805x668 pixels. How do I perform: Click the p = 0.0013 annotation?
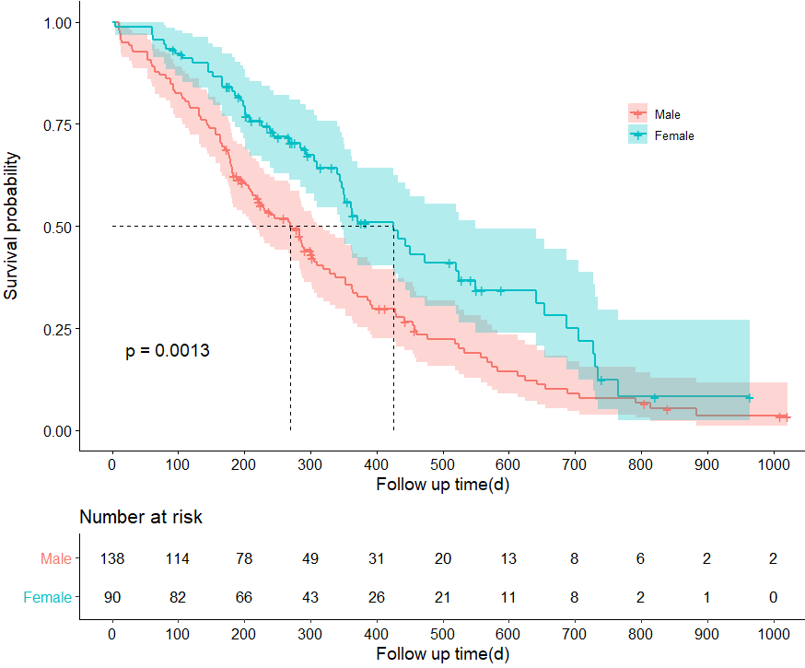point(168,351)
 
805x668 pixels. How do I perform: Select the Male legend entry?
point(667,114)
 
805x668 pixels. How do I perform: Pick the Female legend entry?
point(673,135)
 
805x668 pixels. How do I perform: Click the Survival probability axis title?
point(13,227)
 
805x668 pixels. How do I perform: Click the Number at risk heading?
point(141,518)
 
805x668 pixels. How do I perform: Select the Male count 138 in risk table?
point(112,559)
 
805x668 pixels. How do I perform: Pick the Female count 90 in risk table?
point(112,598)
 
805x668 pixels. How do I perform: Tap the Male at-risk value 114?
point(179,559)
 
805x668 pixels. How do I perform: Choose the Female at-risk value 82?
point(179,598)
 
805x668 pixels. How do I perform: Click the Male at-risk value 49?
point(310,559)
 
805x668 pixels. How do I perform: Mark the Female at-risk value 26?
point(377,598)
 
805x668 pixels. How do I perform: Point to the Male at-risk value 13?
point(508,559)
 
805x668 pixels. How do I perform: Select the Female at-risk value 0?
point(773,598)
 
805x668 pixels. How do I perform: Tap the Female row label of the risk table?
point(48,598)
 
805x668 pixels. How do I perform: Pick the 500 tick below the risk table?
point(442,635)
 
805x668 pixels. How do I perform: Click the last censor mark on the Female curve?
point(749,398)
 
